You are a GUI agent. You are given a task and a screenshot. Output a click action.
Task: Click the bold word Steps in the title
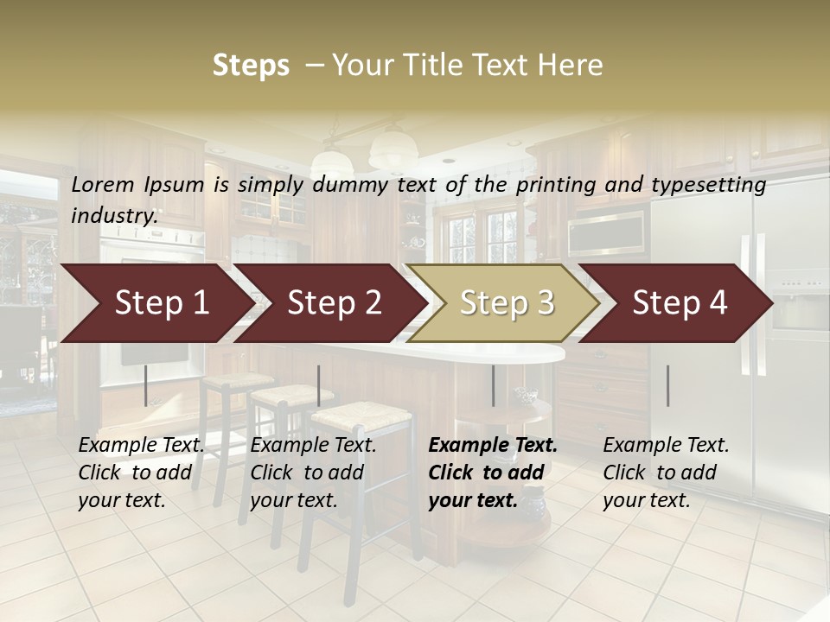pos(251,66)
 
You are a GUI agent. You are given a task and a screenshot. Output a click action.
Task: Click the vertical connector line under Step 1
pos(146,385)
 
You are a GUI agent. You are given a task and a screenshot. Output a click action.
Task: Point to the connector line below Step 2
pos(319,385)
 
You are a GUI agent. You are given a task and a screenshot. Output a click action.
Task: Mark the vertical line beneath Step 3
pos(494,385)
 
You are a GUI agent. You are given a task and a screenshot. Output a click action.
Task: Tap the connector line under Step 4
pos(667,385)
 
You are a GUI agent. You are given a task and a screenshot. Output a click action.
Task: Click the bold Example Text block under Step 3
pos(493,473)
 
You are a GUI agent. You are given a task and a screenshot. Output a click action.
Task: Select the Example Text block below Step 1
pos(141,473)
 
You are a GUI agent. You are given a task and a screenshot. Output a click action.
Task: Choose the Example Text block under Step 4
pos(666,473)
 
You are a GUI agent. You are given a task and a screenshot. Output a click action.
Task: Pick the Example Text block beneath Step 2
pos(313,473)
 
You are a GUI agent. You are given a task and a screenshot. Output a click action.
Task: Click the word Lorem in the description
pos(103,185)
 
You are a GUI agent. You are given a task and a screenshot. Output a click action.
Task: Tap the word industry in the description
pos(114,215)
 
